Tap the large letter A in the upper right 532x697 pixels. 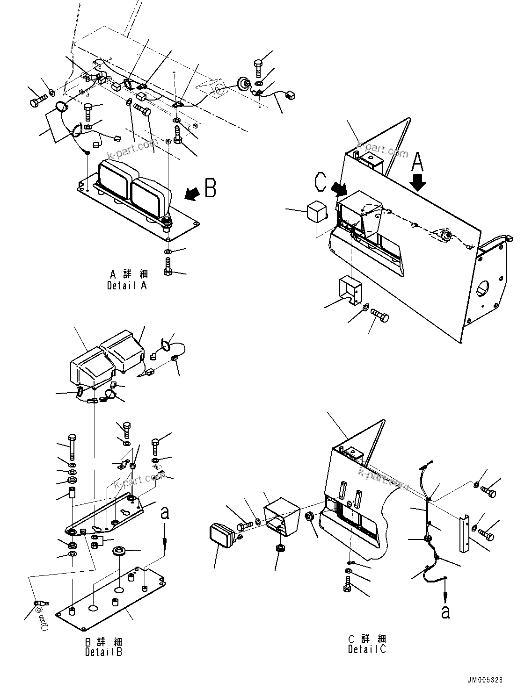tap(417, 164)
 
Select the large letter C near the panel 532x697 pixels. tap(321, 182)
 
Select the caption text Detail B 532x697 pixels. tap(104, 647)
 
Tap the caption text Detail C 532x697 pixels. tap(367, 644)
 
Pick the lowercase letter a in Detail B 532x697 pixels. tap(165, 513)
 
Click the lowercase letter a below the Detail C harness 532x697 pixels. tap(445, 611)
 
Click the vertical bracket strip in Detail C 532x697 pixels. tap(464, 533)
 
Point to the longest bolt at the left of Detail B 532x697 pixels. tap(72, 447)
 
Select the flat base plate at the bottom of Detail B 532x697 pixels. tap(112, 596)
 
